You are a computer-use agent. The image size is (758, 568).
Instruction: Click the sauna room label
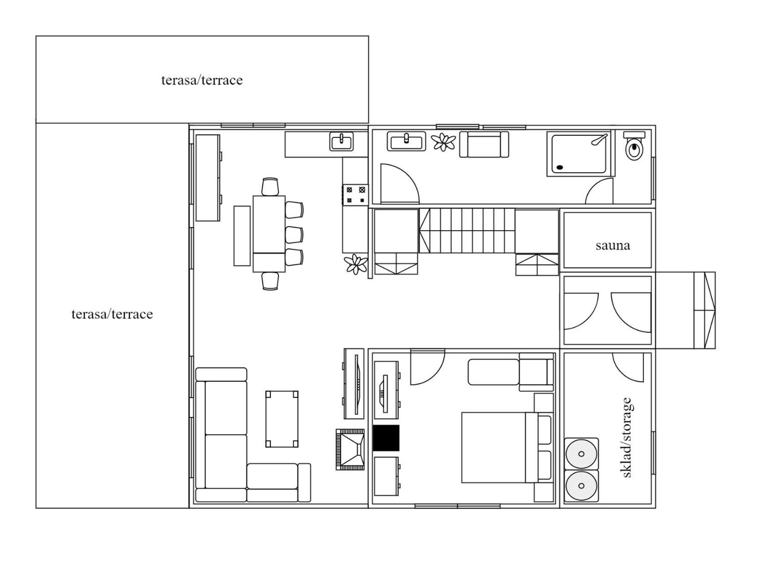tap(612, 245)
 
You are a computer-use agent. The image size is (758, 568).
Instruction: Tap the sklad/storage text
tap(626, 437)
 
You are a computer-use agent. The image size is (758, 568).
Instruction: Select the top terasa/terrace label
tap(202, 80)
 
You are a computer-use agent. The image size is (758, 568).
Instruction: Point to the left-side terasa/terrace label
tap(112, 314)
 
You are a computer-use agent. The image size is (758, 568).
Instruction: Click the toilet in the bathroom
tap(635, 146)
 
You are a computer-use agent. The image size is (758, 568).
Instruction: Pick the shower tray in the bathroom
tap(580, 154)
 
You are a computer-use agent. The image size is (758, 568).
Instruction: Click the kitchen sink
tap(341, 141)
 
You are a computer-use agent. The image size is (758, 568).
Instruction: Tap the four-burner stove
tap(355, 195)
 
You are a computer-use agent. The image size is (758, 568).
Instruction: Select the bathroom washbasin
tap(406, 141)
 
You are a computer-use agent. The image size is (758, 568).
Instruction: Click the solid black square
tap(386, 438)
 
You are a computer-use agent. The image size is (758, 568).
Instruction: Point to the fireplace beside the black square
tap(350, 450)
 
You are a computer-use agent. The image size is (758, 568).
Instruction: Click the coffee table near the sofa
tap(282, 419)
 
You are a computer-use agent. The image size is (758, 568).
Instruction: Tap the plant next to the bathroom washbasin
tap(444, 142)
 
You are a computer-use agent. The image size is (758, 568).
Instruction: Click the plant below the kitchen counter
tap(356, 264)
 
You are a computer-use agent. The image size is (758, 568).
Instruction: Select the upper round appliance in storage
tap(581, 454)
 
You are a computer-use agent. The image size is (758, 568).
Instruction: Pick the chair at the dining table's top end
tap(270, 187)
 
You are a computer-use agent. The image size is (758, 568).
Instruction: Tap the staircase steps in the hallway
tap(467, 231)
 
